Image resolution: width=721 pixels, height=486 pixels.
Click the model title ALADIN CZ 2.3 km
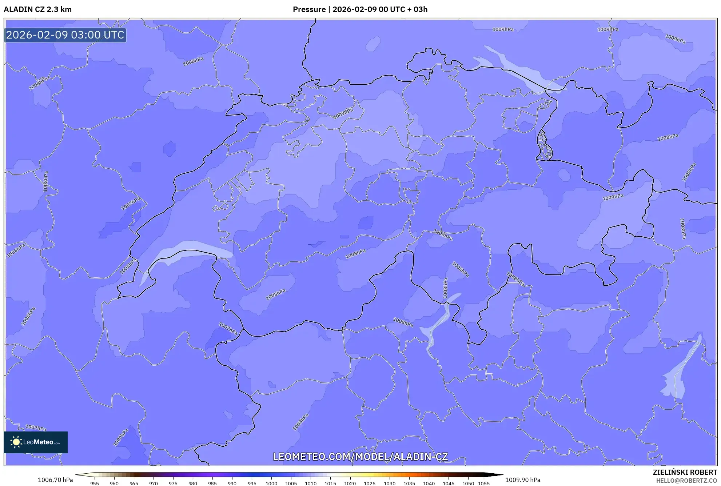point(38,9)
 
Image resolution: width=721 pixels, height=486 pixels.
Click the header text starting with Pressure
point(360,9)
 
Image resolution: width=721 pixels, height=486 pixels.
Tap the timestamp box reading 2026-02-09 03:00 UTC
point(65,35)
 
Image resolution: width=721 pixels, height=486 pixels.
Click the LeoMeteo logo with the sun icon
point(36,442)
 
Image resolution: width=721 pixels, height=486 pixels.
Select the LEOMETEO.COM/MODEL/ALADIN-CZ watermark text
point(360,457)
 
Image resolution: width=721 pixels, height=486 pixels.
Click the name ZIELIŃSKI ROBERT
point(685,472)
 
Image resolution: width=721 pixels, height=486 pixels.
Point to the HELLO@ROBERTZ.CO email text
point(686,481)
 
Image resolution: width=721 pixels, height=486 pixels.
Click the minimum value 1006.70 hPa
point(55,480)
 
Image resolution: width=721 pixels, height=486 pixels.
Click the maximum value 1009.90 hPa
point(523,480)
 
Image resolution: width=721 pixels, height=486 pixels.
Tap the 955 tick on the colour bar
point(95,483)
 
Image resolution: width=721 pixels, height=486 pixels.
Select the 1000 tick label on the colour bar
point(271,483)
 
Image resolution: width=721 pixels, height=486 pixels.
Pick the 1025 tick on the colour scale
point(370,483)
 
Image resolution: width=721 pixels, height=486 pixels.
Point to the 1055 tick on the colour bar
point(483,483)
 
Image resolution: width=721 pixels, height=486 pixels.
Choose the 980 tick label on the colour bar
point(193,483)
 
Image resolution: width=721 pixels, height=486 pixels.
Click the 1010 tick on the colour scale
point(311,483)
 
